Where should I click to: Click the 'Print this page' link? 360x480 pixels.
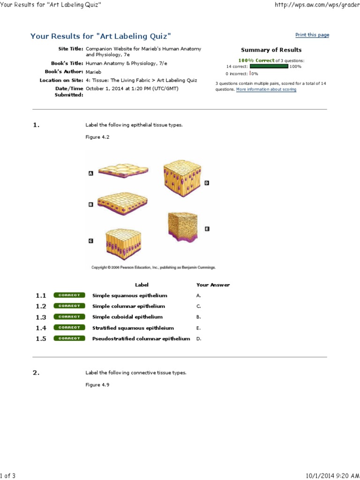click(x=312, y=35)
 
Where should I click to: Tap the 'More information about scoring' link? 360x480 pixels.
click(x=266, y=89)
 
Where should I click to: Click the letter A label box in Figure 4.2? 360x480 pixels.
click(x=90, y=173)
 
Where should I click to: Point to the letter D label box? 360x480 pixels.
click(x=207, y=183)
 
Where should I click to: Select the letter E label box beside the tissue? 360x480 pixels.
click(x=207, y=229)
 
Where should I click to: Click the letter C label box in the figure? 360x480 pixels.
click(x=90, y=240)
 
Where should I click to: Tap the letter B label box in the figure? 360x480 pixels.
click(x=90, y=204)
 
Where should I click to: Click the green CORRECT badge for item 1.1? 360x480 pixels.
click(x=69, y=295)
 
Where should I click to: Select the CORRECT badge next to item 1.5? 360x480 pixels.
click(x=69, y=338)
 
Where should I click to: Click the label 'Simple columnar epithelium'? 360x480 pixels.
click(x=128, y=306)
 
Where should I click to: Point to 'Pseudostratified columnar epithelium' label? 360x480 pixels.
click(x=141, y=338)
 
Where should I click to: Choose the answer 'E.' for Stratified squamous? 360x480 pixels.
click(x=198, y=328)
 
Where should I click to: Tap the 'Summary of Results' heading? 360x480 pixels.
click(x=271, y=50)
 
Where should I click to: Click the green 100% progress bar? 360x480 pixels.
click(x=269, y=67)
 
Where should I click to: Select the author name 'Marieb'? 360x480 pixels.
click(x=93, y=72)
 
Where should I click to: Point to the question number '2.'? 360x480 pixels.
click(x=36, y=373)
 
